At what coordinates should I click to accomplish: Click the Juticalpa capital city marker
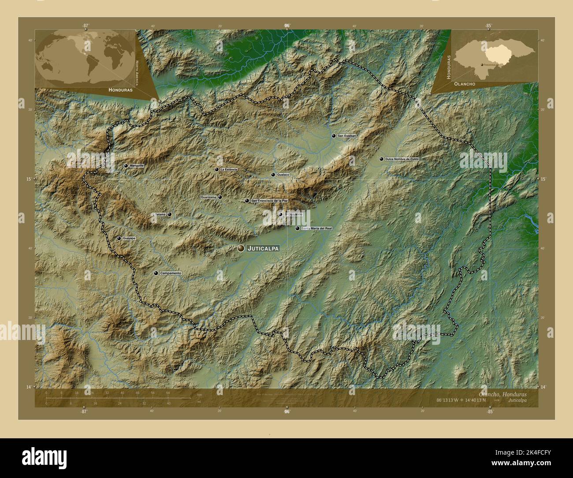241,249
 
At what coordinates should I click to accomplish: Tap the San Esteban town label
346,136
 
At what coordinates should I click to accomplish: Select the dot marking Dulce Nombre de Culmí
381,159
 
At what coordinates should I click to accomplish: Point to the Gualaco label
283,175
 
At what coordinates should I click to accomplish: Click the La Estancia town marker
216,169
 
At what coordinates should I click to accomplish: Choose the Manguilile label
137,166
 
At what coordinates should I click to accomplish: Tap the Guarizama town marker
220,197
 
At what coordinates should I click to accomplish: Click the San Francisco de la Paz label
269,201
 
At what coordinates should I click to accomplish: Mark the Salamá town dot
169,215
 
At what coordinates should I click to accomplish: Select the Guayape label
129,238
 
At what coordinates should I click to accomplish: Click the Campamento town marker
156,273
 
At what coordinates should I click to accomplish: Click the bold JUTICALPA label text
263,249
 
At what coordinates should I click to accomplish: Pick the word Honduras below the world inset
120,89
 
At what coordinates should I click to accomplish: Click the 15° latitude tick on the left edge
30,179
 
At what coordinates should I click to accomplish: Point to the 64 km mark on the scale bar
168,392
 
